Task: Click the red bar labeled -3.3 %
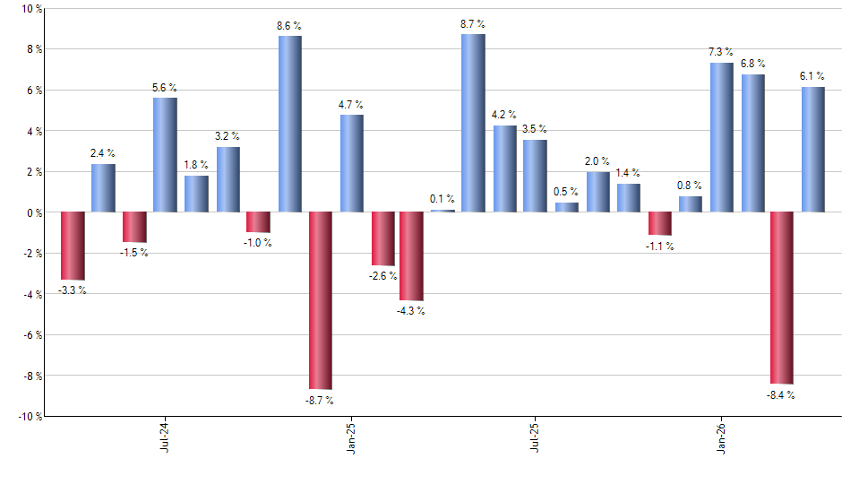click(x=73, y=246)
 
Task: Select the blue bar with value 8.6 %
click(x=289, y=124)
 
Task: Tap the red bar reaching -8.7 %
click(x=321, y=300)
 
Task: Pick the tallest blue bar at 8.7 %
click(x=473, y=123)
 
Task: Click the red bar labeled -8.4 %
click(x=781, y=298)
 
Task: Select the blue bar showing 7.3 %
click(x=721, y=137)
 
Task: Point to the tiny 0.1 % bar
click(x=442, y=211)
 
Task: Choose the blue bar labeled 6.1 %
click(x=812, y=149)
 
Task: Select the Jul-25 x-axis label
click(x=535, y=435)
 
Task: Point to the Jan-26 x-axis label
click(x=721, y=435)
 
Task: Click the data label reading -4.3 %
click(x=411, y=311)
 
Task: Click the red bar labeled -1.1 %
click(x=660, y=223)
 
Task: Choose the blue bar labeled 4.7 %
click(x=351, y=163)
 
